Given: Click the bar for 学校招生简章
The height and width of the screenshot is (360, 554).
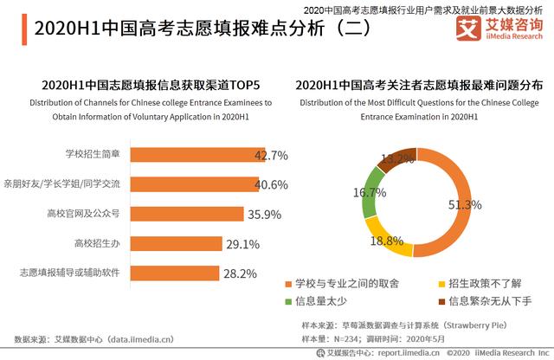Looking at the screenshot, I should [x=199, y=155].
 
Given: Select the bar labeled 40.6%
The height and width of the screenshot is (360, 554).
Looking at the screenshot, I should [x=196, y=184].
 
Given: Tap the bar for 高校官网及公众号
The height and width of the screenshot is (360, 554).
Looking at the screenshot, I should [x=186, y=214].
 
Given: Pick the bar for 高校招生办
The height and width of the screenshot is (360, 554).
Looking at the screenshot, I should [x=173, y=243].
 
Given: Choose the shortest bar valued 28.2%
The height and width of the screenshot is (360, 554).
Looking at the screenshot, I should [x=171, y=273].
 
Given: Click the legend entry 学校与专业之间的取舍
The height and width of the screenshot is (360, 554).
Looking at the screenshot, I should [x=343, y=284].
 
